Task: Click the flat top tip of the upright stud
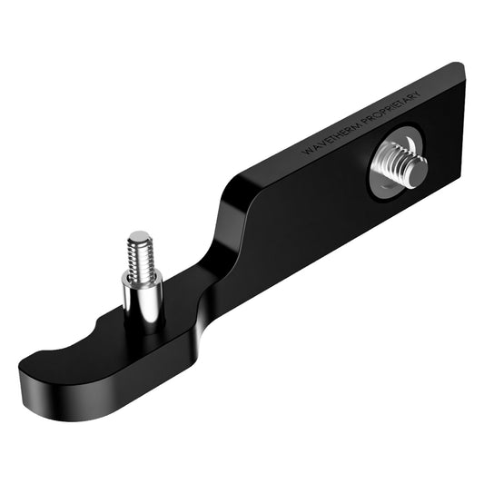click(139, 236)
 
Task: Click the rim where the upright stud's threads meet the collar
click(141, 273)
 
